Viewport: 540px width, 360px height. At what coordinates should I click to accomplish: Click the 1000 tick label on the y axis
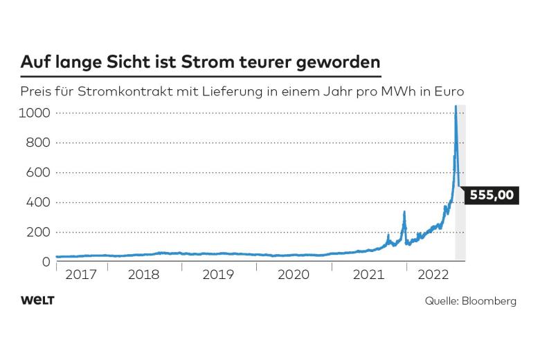click(34, 112)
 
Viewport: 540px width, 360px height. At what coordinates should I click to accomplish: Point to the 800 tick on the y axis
click(38, 143)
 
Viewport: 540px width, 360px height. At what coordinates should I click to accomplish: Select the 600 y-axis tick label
click(38, 172)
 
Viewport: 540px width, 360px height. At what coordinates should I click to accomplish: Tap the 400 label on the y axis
click(38, 202)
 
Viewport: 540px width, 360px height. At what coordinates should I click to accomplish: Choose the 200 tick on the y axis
click(38, 232)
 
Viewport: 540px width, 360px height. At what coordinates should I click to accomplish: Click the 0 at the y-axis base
click(46, 262)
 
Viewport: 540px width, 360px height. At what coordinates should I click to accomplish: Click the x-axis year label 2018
click(144, 275)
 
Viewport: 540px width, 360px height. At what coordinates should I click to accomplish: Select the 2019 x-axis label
click(219, 275)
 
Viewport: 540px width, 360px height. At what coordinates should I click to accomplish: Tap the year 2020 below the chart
click(293, 275)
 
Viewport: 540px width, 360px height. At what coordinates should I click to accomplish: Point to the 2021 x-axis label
click(368, 275)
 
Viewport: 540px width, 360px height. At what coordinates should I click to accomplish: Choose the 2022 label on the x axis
click(431, 275)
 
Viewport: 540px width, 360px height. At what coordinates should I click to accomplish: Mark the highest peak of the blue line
click(455, 107)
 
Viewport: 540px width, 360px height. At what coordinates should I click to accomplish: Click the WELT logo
click(37, 300)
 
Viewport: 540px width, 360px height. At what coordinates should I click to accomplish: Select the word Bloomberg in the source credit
click(491, 301)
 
